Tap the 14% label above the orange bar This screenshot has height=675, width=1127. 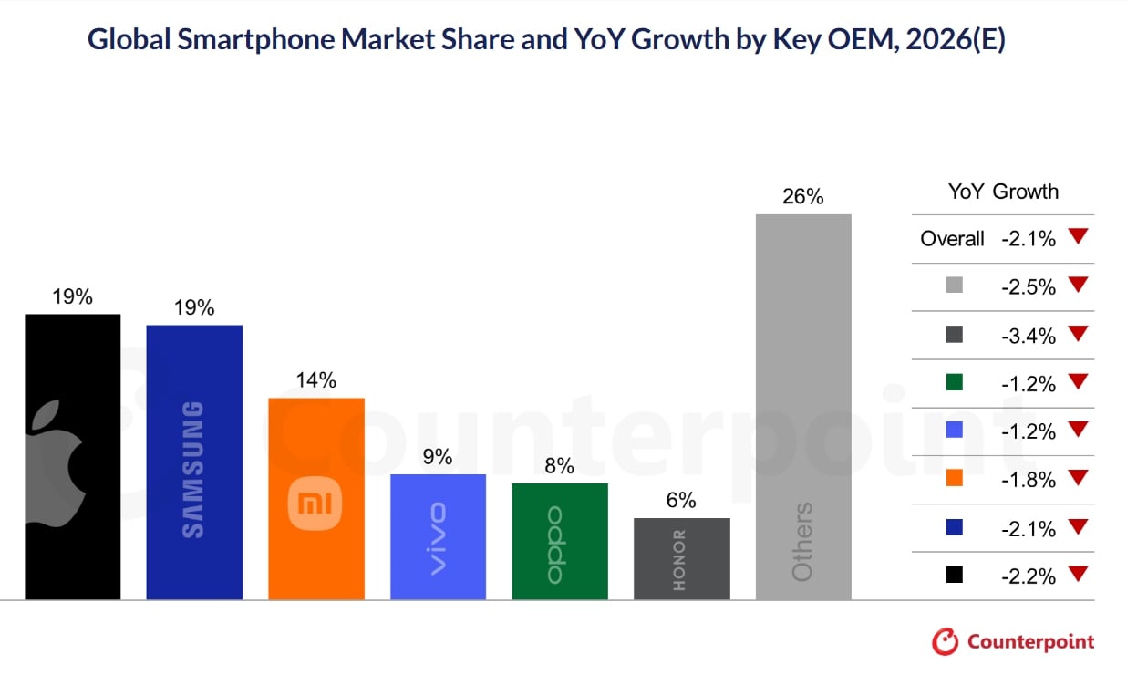click(x=315, y=380)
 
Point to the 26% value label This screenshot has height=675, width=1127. click(x=803, y=196)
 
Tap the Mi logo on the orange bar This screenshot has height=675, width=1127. click(x=315, y=502)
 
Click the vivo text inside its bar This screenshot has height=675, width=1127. click(x=438, y=538)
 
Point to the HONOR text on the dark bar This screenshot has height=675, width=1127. click(x=679, y=559)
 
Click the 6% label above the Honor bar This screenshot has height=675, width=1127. click(x=680, y=500)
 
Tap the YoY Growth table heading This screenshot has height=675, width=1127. click(x=1003, y=192)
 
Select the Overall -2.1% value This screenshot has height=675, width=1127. click(x=1029, y=239)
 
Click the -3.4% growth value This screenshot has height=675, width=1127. click(x=1029, y=336)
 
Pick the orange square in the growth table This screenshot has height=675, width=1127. click(x=954, y=478)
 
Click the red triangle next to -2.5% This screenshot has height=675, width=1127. click(x=1079, y=286)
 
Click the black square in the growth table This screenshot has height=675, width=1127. click(x=954, y=576)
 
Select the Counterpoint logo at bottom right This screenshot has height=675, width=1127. click(x=1013, y=641)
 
